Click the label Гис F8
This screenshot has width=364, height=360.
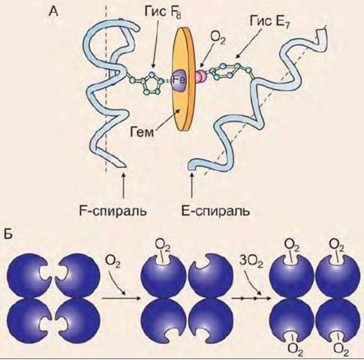click(x=162, y=13)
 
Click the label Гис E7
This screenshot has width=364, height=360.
click(x=269, y=22)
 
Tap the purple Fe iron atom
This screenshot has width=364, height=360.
click(x=179, y=80)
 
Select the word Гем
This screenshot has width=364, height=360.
click(x=142, y=132)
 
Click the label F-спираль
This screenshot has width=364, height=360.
click(x=113, y=211)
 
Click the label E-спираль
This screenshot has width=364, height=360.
click(x=215, y=211)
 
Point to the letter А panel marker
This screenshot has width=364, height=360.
click(x=53, y=11)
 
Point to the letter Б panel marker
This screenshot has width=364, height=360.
click(x=8, y=233)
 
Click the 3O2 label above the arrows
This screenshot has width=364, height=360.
click(x=251, y=262)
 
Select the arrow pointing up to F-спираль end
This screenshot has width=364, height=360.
click(x=123, y=185)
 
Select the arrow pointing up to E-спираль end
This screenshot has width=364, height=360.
click(x=192, y=185)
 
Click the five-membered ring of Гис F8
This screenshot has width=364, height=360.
click(x=150, y=84)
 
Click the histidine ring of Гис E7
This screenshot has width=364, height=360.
click(x=227, y=71)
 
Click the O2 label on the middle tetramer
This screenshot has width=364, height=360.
click(x=163, y=245)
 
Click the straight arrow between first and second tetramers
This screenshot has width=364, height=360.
click(x=121, y=298)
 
